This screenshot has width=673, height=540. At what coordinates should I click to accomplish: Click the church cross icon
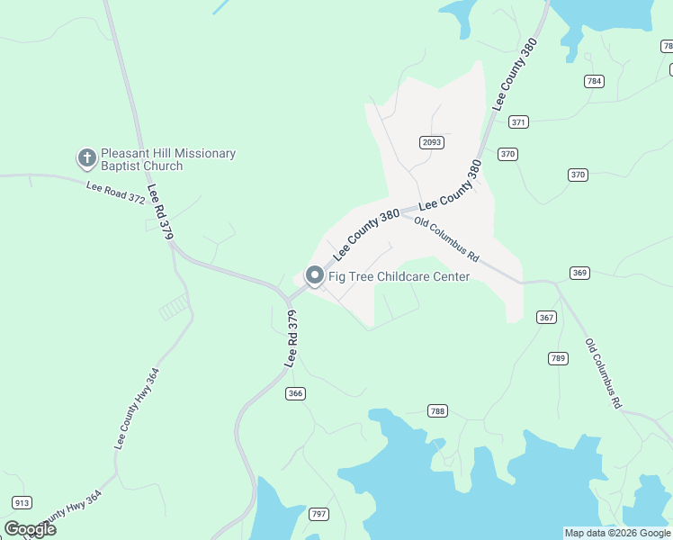coord(87,159)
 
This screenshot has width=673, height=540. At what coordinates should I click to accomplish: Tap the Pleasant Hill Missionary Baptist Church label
coord(167,159)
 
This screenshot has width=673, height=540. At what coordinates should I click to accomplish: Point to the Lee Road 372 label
coord(115,193)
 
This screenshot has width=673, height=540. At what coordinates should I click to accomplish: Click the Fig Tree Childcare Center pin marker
coord(315,275)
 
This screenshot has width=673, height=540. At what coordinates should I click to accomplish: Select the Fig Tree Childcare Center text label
coord(399,276)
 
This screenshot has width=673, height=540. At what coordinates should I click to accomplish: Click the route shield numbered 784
coord(594,81)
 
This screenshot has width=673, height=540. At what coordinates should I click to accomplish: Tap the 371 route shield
coord(518,121)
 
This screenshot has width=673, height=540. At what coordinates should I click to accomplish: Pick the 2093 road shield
coord(432,142)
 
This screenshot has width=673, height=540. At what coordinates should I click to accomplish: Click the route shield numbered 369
coord(579,273)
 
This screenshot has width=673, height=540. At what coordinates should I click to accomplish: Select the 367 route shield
coord(547,317)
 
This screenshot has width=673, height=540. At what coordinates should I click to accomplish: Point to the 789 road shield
coord(558,358)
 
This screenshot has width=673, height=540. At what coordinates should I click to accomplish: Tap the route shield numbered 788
coord(437,411)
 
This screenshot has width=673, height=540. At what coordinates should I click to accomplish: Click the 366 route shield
coord(296,393)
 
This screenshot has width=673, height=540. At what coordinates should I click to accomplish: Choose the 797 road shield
coord(319,514)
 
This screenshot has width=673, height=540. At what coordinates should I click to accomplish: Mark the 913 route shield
coord(22,502)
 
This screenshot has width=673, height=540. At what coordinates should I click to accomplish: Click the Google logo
coord(30,528)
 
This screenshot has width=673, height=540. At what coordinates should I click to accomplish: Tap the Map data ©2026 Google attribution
coord(617,533)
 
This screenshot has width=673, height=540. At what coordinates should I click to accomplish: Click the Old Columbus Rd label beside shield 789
coord(603,374)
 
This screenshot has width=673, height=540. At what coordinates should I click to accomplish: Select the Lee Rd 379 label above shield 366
coord(292,337)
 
